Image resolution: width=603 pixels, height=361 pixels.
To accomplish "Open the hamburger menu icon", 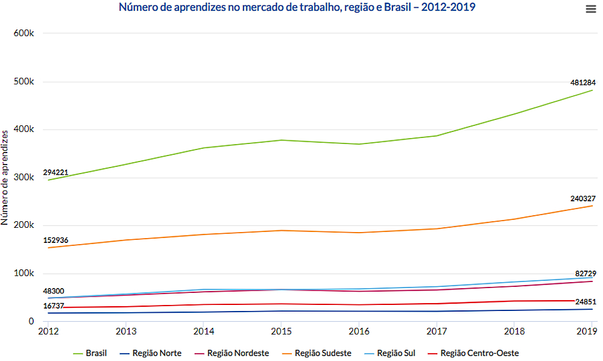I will pos(590,8).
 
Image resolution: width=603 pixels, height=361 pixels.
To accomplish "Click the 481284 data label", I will pos(583,82).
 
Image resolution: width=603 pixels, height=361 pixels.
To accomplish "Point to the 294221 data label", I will pos(55,172).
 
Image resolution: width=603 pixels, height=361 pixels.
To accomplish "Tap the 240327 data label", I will pos(583,198).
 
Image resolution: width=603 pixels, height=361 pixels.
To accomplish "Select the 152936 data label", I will pos(55,240).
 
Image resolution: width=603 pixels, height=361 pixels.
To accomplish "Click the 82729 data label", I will pos(585,274).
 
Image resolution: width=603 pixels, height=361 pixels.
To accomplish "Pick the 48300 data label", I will pos(54,290).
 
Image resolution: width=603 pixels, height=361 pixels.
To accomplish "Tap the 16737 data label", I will pos(54,306).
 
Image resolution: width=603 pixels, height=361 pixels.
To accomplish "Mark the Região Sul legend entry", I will pos(396,353).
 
